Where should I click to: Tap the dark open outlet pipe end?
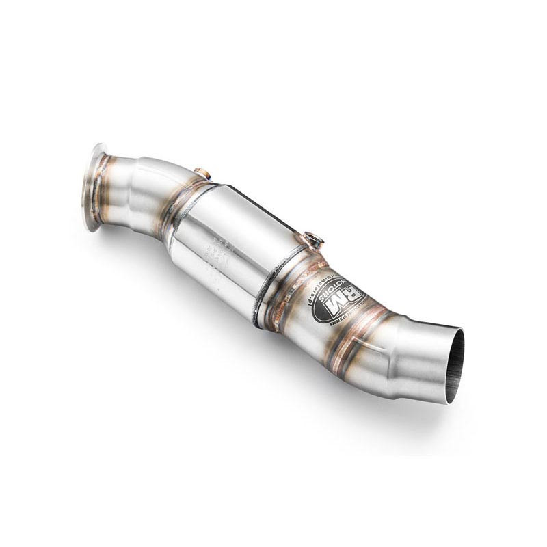point(454,366)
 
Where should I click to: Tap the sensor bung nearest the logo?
point(315,239)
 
